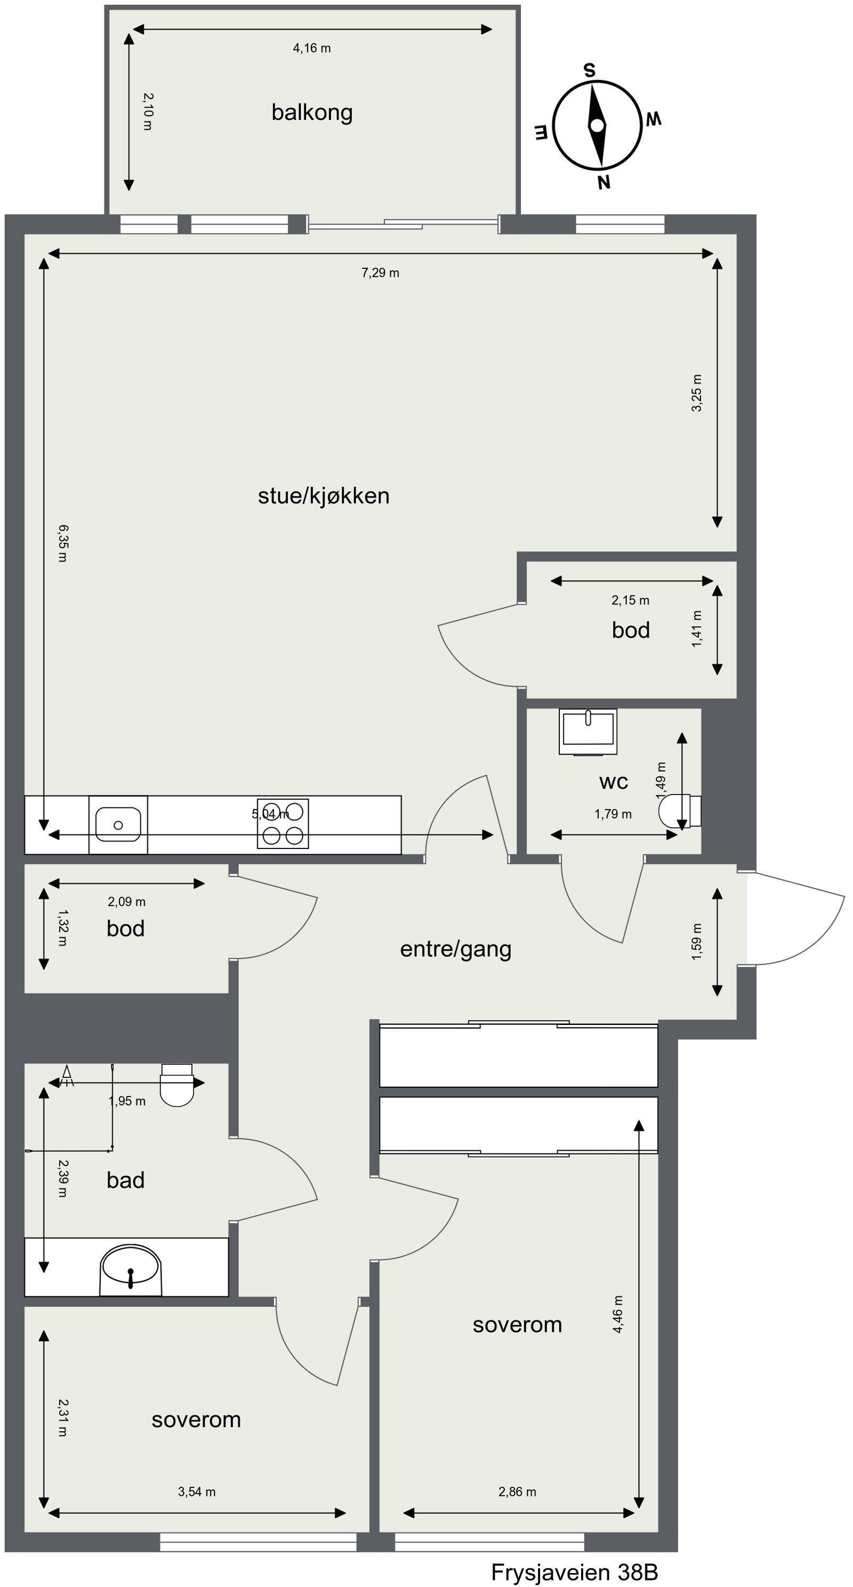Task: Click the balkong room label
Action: point(312,112)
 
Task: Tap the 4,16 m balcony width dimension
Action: point(312,48)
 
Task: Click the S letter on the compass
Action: point(590,70)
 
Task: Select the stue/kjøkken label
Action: point(323,495)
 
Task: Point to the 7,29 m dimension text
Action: point(380,272)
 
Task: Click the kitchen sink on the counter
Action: point(118,824)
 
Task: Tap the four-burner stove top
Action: point(283,824)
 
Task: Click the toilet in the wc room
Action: point(679,811)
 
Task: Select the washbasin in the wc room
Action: point(588,731)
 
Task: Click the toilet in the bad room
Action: point(177,1086)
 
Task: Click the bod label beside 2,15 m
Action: point(631,630)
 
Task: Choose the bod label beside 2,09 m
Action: point(125,928)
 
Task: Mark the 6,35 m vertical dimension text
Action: point(63,543)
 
